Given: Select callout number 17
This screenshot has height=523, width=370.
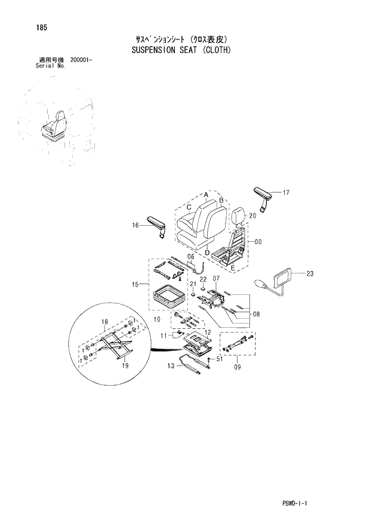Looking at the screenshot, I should [286, 193].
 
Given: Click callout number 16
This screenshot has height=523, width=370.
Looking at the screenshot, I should [135, 225].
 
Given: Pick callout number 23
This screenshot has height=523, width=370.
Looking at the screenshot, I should [309, 273].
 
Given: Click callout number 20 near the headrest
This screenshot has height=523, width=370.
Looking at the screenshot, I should [252, 216].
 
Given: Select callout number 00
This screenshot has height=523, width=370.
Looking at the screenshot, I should [258, 242].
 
